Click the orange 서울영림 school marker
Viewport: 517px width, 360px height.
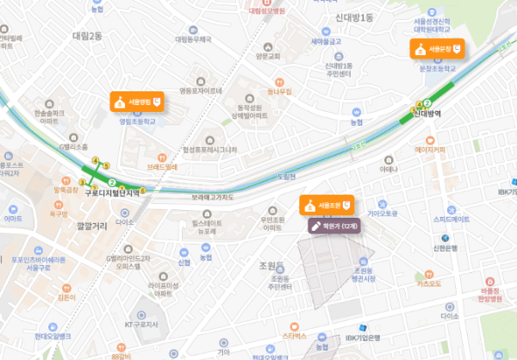click(136, 102)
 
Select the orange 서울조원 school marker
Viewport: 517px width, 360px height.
click(327, 206)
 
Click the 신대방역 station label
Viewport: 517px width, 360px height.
click(427, 113)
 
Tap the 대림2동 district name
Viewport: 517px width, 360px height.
click(87, 35)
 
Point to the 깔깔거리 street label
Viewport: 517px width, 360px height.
click(92, 226)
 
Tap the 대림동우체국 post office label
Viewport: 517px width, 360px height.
click(193, 39)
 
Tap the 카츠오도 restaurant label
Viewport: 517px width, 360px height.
click(428, 282)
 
